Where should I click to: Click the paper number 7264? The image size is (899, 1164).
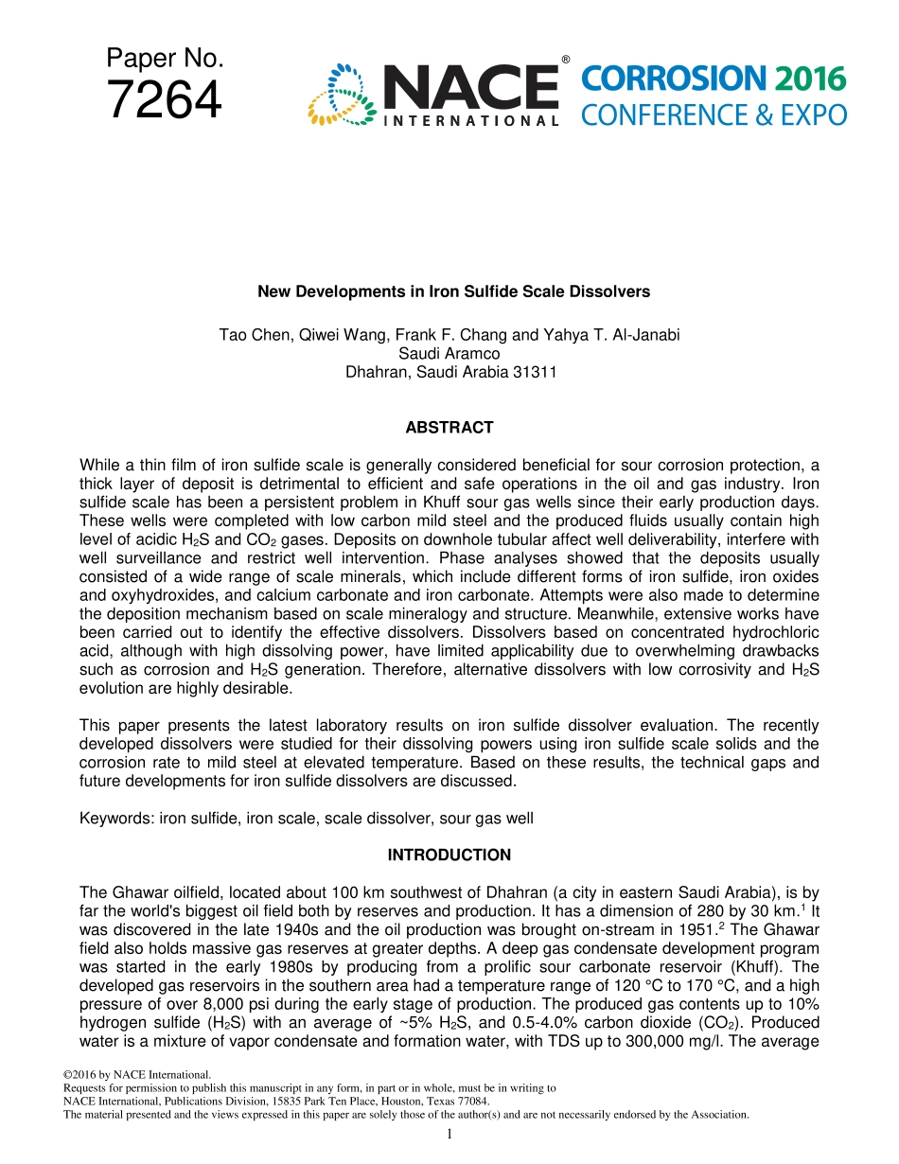(x=165, y=100)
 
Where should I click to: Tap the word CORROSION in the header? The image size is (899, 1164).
(x=674, y=79)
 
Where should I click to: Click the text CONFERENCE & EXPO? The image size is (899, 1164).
(x=714, y=115)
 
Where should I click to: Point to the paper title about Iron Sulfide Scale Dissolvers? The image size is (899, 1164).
(x=453, y=291)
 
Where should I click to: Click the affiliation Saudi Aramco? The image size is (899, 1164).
(x=449, y=353)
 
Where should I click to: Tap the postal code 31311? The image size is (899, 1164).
(x=535, y=372)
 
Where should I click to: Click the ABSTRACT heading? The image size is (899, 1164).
(x=449, y=428)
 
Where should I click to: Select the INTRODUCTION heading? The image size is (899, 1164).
(x=449, y=855)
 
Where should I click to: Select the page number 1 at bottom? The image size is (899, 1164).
(x=449, y=1134)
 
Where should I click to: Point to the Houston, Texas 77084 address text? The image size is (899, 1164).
(x=424, y=1102)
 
